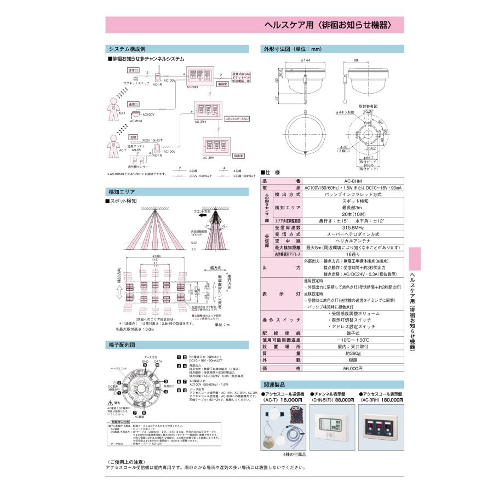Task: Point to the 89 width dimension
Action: click(x=356, y=60)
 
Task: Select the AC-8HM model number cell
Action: click(x=352, y=181)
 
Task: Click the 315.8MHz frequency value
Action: click(x=352, y=227)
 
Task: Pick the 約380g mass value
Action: click(x=352, y=354)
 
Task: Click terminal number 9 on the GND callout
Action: click(x=131, y=365)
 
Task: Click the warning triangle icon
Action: click(x=110, y=403)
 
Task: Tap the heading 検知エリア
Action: click(x=122, y=192)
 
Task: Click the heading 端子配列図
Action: click(x=122, y=345)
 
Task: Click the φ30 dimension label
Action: click(x=345, y=147)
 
